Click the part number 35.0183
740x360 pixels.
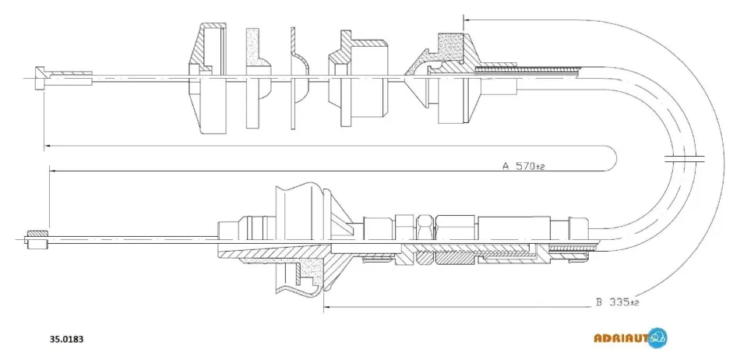(x=67, y=339)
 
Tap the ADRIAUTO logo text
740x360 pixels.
(x=622, y=338)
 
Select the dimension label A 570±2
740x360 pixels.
(x=523, y=166)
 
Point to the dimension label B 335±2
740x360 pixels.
(x=617, y=302)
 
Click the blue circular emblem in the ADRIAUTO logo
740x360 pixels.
(x=657, y=338)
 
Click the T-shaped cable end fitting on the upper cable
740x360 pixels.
(x=40, y=79)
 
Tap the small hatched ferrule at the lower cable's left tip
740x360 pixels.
(x=37, y=239)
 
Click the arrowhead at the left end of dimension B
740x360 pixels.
(x=326, y=308)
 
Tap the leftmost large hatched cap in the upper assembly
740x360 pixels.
(x=208, y=78)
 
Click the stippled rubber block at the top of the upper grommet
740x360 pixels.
(x=451, y=50)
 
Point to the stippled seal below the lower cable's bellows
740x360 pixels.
(x=312, y=273)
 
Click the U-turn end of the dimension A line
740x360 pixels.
(x=615, y=158)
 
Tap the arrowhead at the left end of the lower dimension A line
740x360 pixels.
(x=53, y=171)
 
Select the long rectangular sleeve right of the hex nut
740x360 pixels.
(x=514, y=229)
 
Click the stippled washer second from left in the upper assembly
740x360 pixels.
(x=258, y=78)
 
